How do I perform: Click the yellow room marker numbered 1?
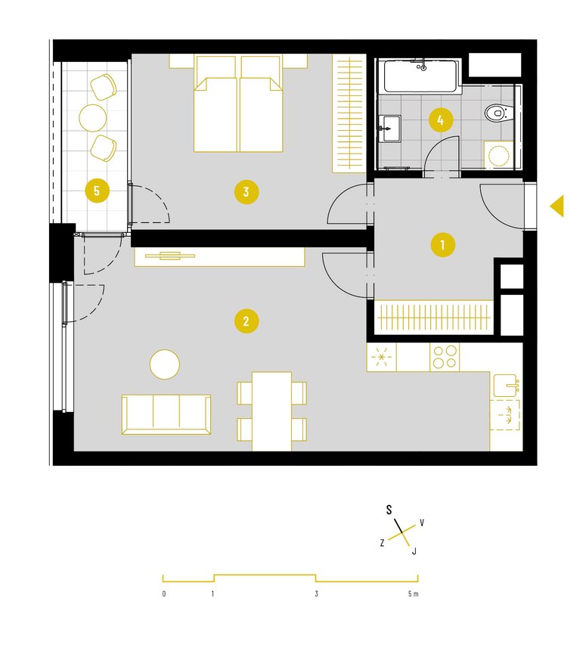tap(443, 245)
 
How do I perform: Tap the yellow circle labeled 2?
tap(246, 321)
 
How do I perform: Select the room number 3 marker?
tap(246, 192)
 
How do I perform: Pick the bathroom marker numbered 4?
tap(441, 120)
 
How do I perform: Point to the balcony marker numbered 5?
tap(98, 191)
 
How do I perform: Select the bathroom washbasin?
tap(389, 129)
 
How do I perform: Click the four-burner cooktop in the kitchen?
tap(445, 357)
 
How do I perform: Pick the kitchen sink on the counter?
tap(505, 386)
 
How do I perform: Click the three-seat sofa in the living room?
tap(166, 414)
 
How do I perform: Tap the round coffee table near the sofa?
tap(165, 364)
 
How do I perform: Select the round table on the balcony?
tap(92, 118)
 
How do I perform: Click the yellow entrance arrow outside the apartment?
tap(558, 206)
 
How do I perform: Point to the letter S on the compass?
tap(389, 510)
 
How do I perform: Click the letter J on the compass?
tap(414, 551)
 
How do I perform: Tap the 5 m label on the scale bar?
tap(414, 594)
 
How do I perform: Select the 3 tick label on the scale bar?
tap(317, 594)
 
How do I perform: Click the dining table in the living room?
tap(271, 411)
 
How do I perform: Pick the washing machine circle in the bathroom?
tap(499, 156)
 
